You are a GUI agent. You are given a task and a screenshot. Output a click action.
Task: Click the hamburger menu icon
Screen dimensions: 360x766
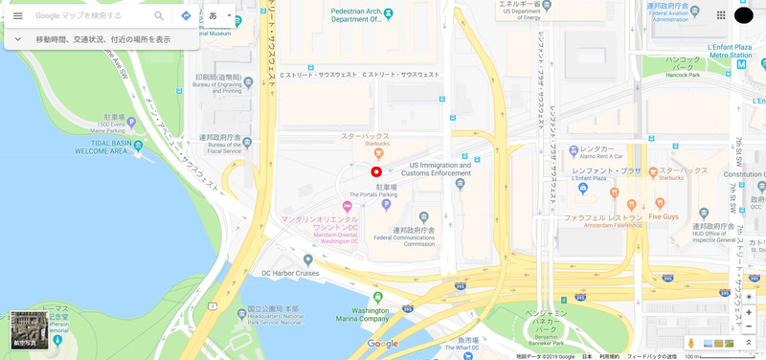click(x=17, y=16)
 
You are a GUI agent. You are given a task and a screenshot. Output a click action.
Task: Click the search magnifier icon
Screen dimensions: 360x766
click(x=159, y=16)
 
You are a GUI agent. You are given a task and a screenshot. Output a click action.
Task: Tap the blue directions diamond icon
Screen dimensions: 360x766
click(x=186, y=16)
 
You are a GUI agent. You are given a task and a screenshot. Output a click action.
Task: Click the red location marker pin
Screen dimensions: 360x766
click(x=376, y=172)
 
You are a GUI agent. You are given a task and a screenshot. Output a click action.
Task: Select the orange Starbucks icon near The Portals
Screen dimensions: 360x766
click(x=378, y=152)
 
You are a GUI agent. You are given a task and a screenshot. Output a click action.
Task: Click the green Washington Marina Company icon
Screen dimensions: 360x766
click(x=378, y=298)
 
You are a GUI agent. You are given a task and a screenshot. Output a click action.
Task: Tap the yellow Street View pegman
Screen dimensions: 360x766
click(x=689, y=343)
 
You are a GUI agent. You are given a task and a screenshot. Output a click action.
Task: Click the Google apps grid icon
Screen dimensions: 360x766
click(x=720, y=15)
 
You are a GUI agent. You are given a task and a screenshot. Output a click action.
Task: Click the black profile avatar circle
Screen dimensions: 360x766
click(x=744, y=15)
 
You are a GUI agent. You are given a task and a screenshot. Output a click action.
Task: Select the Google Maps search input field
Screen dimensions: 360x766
click(x=91, y=16)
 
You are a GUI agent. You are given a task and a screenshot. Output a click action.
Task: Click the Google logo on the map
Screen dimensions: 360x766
click(x=382, y=344)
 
